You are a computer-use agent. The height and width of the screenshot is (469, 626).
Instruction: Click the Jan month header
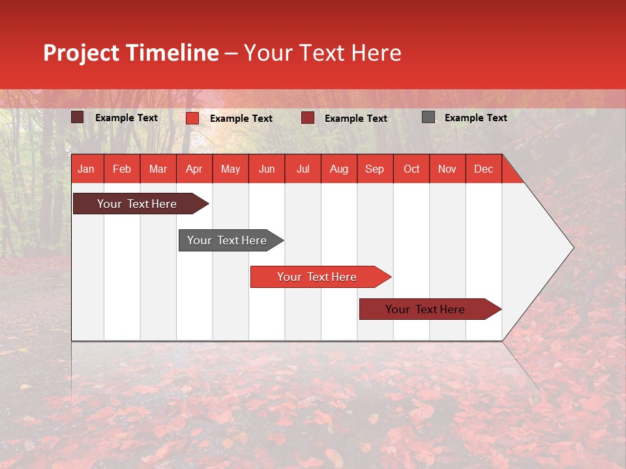[86, 169]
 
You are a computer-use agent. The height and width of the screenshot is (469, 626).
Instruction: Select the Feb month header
[122, 169]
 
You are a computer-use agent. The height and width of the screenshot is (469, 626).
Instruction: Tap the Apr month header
[194, 169]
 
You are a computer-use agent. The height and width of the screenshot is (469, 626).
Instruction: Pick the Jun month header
[267, 169]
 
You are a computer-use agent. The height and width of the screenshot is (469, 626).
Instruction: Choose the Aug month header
[338, 169]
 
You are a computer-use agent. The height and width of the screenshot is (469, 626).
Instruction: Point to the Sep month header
[374, 169]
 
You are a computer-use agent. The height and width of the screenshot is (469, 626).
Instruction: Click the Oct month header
[411, 169]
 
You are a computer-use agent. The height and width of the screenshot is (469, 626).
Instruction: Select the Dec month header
[483, 169]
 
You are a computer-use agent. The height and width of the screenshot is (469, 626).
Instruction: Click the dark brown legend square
[78, 117]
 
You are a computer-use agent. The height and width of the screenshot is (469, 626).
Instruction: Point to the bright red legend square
[192, 118]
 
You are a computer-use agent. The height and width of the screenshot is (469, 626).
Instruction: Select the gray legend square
[428, 117]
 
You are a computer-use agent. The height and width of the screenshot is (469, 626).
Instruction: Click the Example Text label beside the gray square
[475, 118]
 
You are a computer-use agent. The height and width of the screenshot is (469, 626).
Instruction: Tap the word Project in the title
[81, 53]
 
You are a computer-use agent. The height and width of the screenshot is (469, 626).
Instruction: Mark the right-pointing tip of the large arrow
[572, 248]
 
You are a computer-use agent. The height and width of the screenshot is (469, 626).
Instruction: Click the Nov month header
[447, 169]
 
